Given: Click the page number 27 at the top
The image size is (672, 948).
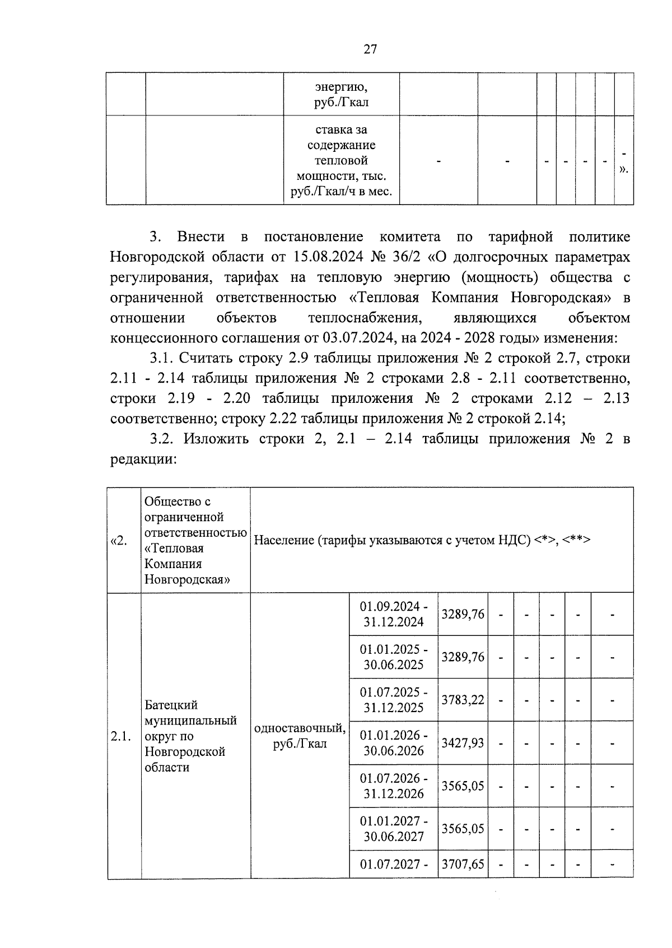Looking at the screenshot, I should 370,49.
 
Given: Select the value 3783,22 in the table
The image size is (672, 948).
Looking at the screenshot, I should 463,700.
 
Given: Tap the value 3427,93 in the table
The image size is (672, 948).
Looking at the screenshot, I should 463,743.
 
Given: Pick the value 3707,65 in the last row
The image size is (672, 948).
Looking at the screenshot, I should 463,864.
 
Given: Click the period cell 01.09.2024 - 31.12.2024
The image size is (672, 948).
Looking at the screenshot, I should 394,614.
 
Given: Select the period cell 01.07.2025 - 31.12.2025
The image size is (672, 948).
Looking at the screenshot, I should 394,700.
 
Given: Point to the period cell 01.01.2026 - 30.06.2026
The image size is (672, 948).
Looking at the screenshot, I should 394,743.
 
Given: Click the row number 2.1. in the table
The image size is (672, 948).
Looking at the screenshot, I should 121,736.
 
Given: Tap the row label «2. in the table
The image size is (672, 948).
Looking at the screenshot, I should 119,540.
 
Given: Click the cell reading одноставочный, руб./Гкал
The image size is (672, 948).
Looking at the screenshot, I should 300,736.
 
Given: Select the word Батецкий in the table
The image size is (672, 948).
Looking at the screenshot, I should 171,705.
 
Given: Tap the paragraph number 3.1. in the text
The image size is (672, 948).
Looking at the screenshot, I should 164,358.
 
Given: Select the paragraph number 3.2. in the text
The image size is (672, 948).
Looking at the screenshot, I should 164,439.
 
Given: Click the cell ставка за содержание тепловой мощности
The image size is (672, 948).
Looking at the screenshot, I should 341,161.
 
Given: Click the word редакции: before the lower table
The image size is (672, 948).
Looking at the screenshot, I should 144,459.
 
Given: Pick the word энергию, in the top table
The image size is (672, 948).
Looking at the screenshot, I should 341,87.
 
